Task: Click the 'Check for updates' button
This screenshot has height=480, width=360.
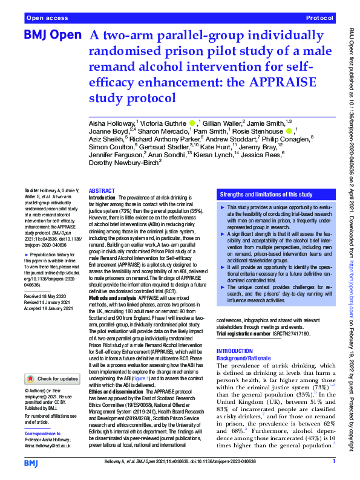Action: click(52, 378)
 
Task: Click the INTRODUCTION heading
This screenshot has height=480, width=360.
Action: click(238, 351)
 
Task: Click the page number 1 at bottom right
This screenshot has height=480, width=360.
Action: click(333, 462)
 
